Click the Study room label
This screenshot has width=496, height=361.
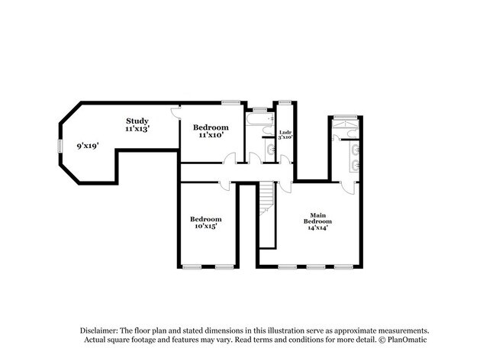tap(137, 124)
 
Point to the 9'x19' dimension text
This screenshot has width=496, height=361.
tap(88, 146)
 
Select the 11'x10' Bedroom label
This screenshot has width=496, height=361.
tap(211, 131)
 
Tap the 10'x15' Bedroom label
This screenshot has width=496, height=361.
tap(205, 222)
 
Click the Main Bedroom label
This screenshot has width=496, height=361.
tap(317, 221)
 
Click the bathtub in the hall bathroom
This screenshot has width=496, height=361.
tap(259, 119)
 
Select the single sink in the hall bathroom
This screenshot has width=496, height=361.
tap(270, 150)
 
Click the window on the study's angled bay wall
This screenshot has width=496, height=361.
tap(60, 147)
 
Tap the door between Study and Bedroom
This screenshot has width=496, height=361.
tap(176, 114)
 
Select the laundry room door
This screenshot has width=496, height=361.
tap(287, 160)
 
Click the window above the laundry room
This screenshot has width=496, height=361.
tap(285, 102)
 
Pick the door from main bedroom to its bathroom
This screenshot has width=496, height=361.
tap(349, 189)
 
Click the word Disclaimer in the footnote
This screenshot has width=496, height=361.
tap(99, 331)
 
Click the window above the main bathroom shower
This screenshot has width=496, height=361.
tap(346, 117)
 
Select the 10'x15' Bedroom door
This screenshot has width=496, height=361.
tap(225, 185)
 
